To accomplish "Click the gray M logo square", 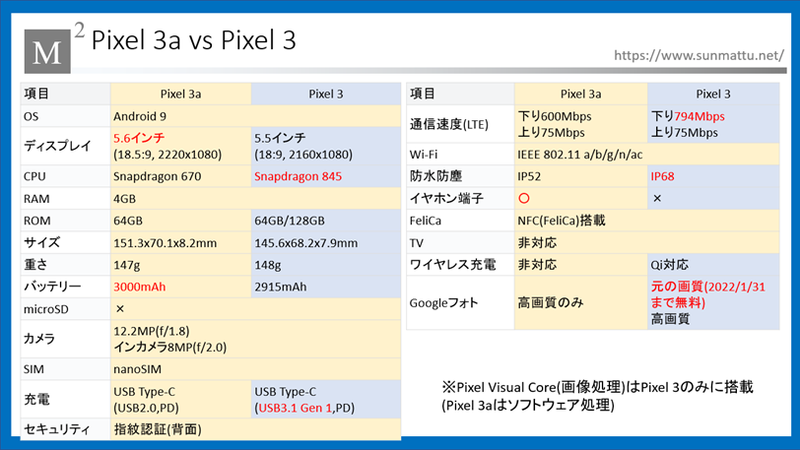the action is [47, 51].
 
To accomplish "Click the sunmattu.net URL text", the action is [699, 55].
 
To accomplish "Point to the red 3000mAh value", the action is [139, 287].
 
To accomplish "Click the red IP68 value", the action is [662, 176].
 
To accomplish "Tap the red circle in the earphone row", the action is [524, 199].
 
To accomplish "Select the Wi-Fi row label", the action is [423, 155].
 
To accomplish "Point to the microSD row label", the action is [46, 309].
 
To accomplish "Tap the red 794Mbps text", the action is [699, 116].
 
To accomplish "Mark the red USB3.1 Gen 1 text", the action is [295, 409].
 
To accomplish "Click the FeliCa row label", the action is [425, 221].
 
